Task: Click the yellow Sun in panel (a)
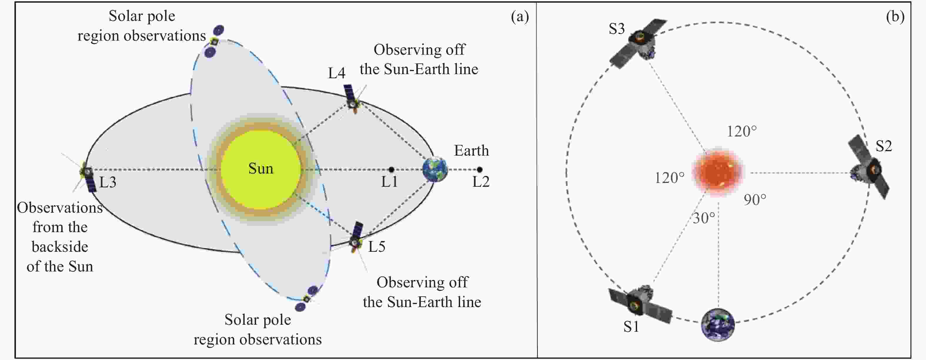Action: point(261,169)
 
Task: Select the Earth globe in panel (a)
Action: point(435,169)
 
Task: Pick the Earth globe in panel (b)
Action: point(718,324)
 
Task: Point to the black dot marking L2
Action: point(479,169)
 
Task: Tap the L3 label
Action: point(108,182)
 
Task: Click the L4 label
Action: point(337,73)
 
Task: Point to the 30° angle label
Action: point(703,218)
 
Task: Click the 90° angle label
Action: point(755,200)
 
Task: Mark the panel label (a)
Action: point(520,16)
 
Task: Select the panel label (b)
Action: point(895,16)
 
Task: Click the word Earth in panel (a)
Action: point(471,151)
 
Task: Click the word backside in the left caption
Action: point(60,247)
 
